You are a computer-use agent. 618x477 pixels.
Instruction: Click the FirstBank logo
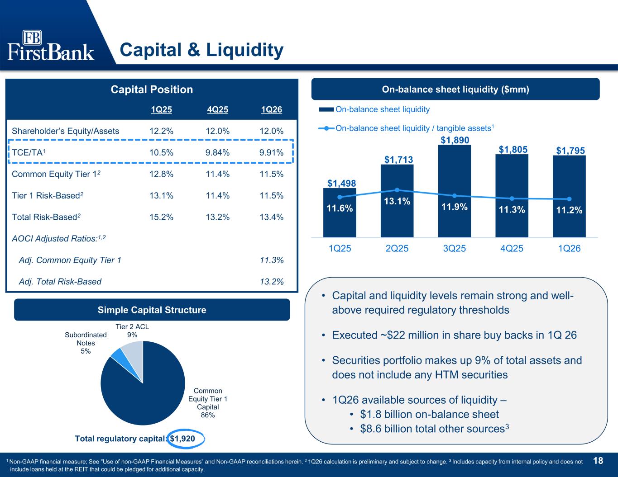(51, 45)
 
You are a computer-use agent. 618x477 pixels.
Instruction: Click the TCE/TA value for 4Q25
(217, 152)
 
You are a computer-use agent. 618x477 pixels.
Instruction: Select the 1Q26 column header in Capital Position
(271, 109)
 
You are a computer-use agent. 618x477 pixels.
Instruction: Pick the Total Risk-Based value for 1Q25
(161, 217)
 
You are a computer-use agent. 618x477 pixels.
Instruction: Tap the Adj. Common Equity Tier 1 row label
(70, 260)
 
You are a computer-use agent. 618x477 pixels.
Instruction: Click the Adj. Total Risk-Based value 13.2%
(272, 282)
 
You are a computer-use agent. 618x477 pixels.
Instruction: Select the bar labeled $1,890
(454, 191)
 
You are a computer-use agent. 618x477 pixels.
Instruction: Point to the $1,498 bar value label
(341, 184)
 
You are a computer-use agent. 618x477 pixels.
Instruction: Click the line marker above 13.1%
(397, 190)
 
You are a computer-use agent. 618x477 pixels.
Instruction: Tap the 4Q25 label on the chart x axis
(512, 248)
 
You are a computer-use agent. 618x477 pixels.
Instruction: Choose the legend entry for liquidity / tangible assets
(406, 128)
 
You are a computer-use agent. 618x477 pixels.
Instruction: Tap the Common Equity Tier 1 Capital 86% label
(208, 403)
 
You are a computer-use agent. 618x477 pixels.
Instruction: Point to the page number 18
(598, 461)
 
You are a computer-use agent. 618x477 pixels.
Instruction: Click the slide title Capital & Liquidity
(201, 50)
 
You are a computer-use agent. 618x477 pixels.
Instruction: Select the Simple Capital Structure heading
(152, 310)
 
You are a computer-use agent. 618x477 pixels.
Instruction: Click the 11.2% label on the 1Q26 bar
(569, 210)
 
